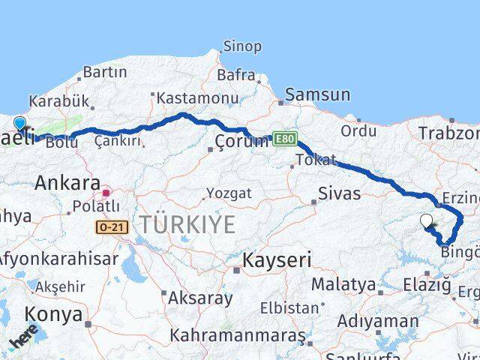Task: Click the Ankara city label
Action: click(x=67, y=182)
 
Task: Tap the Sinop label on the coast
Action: click(x=242, y=46)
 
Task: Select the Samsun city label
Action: click(x=317, y=94)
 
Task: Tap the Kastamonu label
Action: click(x=187, y=97)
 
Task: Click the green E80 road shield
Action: click(x=285, y=139)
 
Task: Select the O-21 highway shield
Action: click(x=113, y=226)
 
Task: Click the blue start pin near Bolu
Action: click(x=19, y=124)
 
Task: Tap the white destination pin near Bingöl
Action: click(x=427, y=220)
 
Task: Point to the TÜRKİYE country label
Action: click(x=186, y=223)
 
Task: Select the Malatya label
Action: click(x=343, y=284)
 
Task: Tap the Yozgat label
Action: click(x=229, y=193)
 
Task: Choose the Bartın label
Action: click(x=105, y=72)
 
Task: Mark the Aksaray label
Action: click(x=200, y=297)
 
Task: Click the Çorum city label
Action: click(x=241, y=141)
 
